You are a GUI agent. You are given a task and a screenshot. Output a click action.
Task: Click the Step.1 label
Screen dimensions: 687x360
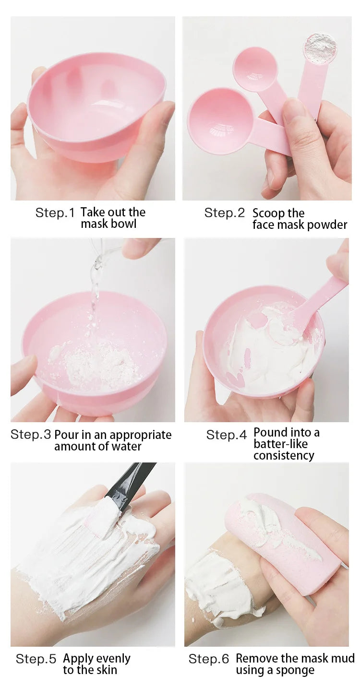point(55,213)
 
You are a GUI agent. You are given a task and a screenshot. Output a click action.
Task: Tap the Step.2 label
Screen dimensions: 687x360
point(224,213)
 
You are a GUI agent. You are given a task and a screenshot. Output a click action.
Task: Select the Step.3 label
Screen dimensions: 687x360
point(31,435)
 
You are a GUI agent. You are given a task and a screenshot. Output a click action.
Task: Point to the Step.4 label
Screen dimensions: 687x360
point(226,435)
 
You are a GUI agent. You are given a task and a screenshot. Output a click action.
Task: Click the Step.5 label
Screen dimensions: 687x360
point(36,659)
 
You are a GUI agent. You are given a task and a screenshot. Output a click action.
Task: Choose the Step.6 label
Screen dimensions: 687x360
point(209,659)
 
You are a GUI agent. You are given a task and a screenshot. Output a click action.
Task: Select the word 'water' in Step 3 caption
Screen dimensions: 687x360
point(126,447)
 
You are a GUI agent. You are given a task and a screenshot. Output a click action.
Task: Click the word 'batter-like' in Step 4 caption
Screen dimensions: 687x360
point(281,444)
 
